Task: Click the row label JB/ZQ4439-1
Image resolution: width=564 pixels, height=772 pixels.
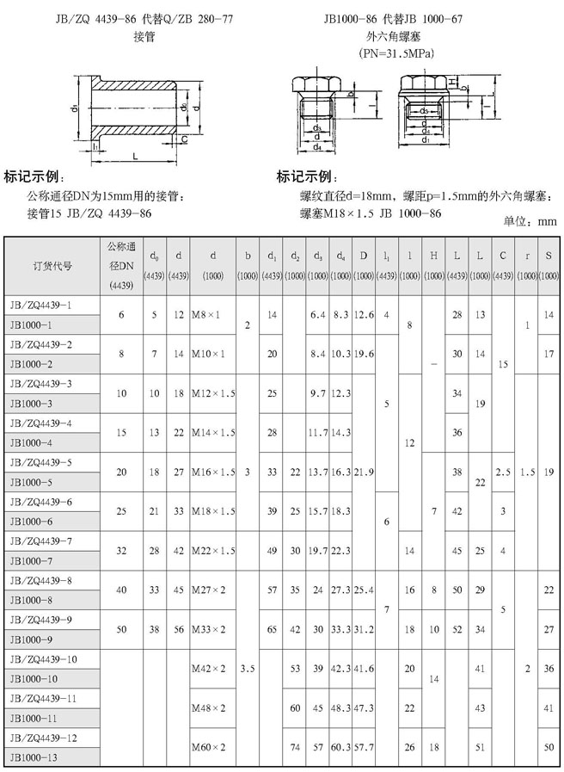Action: coord(40,306)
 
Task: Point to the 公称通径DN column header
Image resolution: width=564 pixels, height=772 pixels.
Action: coord(121,265)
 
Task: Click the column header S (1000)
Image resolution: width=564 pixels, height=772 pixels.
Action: coord(548,265)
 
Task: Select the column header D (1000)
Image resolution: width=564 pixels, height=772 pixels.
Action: coord(364,265)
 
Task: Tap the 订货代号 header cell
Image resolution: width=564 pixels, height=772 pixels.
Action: coord(53,266)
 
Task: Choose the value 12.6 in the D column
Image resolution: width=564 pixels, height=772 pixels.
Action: coord(364,315)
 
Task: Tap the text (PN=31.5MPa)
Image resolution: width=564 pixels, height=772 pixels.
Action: coord(391,53)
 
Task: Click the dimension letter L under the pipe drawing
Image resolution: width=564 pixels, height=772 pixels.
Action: coord(137,155)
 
